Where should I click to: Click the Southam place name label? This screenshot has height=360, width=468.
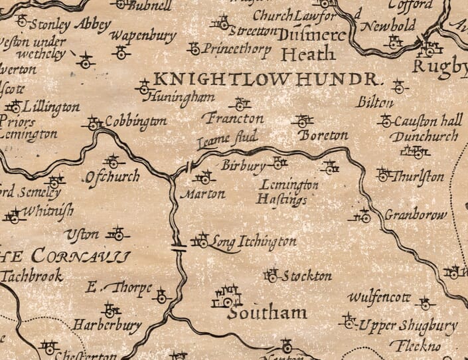[x=267, y=313]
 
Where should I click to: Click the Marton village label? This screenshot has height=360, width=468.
[x=203, y=195]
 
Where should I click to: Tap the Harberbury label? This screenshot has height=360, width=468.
[x=106, y=326]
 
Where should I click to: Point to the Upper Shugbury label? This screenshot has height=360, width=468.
[x=407, y=325]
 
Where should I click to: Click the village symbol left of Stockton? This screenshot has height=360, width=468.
[x=270, y=274]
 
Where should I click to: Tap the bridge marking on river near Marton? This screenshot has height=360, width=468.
[x=190, y=168]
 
